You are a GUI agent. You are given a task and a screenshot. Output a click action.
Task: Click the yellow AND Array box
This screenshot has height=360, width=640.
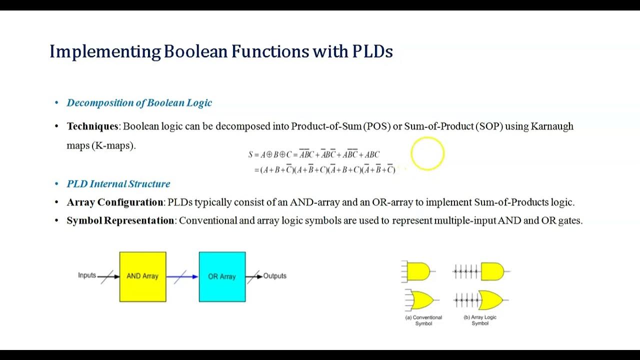[x=142, y=276]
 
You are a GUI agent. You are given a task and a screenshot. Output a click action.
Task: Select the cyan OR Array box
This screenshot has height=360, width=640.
[x=222, y=276]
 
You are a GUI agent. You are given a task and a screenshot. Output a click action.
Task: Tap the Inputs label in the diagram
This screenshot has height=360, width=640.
[x=87, y=275]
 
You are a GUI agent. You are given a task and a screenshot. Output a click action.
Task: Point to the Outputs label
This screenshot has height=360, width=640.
[x=274, y=276]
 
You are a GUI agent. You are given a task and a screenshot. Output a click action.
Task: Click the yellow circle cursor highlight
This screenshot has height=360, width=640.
[x=427, y=153]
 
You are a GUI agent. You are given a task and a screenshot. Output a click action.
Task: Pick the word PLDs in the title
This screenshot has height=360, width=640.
[x=372, y=51]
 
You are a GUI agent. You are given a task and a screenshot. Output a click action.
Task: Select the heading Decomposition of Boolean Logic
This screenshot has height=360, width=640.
[x=139, y=103]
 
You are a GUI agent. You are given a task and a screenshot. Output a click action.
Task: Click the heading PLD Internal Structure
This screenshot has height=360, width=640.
[x=118, y=184]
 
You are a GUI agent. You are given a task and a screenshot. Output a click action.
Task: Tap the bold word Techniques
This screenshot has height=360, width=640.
[x=92, y=126]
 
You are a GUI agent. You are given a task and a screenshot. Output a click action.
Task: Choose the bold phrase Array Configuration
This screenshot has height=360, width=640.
[x=115, y=202]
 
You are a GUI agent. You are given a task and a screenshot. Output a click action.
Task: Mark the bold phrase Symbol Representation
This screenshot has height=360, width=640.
[x=120, y=220]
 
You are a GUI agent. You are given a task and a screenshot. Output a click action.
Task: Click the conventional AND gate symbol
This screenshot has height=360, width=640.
[x=418, y=271]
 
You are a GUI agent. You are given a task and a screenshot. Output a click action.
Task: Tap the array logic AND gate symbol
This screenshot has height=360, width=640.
[x=492, y=271]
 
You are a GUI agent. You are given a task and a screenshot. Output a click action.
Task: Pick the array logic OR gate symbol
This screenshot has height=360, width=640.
[x=491, y=300]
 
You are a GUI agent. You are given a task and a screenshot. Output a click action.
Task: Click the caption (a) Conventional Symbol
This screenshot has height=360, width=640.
[x=423, y=320]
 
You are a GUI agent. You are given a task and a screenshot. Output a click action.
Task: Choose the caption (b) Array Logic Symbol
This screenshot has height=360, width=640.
[x=480, y=320]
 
